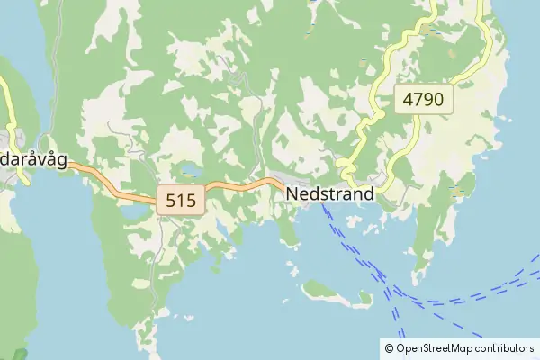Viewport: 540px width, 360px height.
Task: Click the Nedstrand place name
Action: pyautogui.click(x=330, y=193)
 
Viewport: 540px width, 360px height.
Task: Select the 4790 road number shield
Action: pyautogui.click(x=423, y=100)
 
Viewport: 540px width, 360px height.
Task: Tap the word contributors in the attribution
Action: pyautogui.click(x=503, y=347)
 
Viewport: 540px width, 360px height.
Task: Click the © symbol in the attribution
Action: pyautogui.click(x=389, y=347)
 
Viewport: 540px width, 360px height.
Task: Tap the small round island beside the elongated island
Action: pyautogui.click(x=364, y=296)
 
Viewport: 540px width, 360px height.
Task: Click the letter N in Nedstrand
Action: pyautogui.click(x=293, y=193)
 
